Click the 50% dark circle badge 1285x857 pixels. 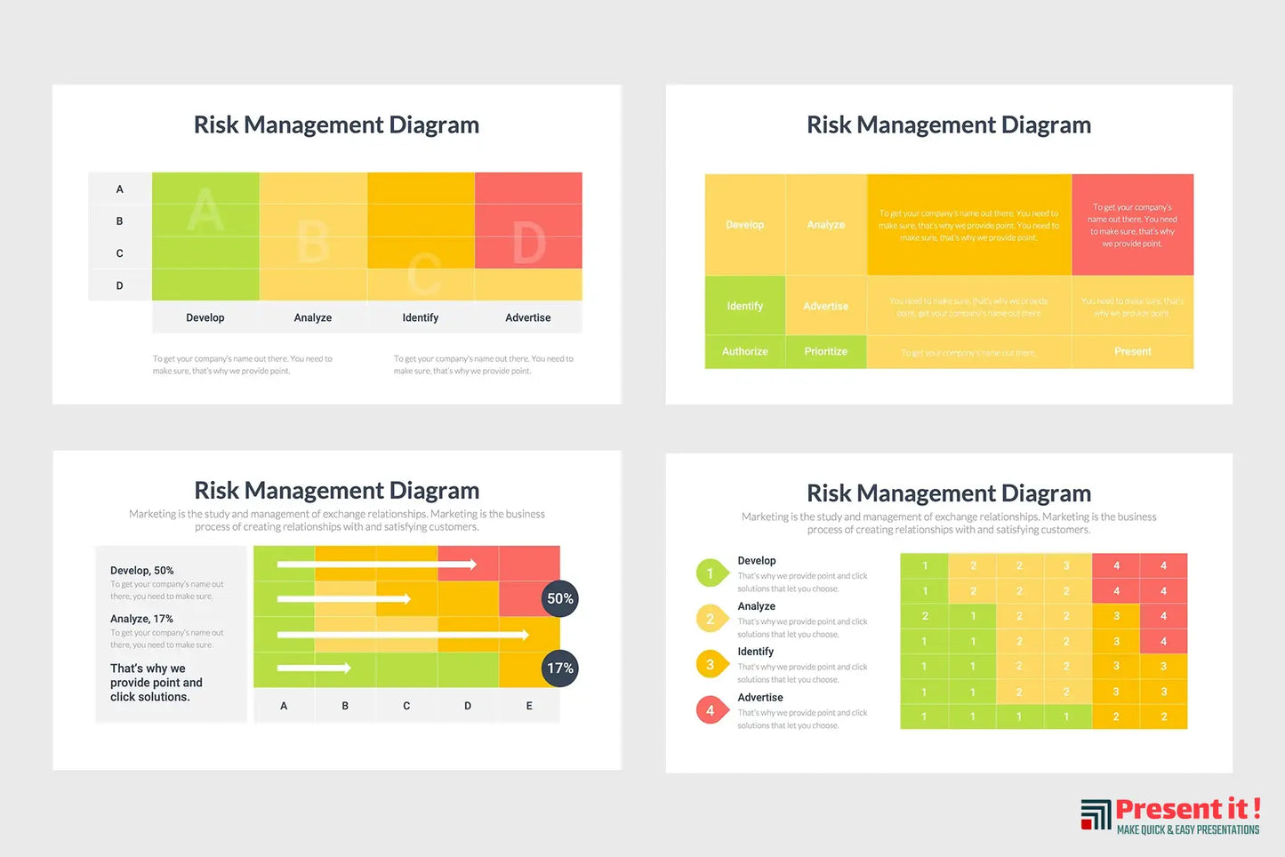click(560, 599)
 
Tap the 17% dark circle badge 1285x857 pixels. click(560, 669)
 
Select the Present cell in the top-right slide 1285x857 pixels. click(1132, 352)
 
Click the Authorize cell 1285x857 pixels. click(745, 352)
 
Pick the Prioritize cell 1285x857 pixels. click(826, 352)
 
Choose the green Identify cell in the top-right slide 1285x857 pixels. click(745, 306)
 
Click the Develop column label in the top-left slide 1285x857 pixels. click(205, 317)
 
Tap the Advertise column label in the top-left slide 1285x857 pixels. click(528, 317)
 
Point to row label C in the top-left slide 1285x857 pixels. click(120, 253)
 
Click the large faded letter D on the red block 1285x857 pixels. click(529, 243)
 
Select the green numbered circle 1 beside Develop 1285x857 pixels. click(711, 573)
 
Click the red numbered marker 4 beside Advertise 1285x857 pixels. click(711, 710)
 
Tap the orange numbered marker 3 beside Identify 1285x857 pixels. click(711, 664)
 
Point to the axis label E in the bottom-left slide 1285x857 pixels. click(529, 706)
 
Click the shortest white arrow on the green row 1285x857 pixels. click(314, 668)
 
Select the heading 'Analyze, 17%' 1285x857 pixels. click(142, 619)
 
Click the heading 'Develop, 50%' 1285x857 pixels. click(142, 571)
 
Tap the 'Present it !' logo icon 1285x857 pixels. click(1096, 814)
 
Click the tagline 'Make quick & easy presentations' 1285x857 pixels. click(1188, 830)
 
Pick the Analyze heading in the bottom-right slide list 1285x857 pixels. click(757, 606)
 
